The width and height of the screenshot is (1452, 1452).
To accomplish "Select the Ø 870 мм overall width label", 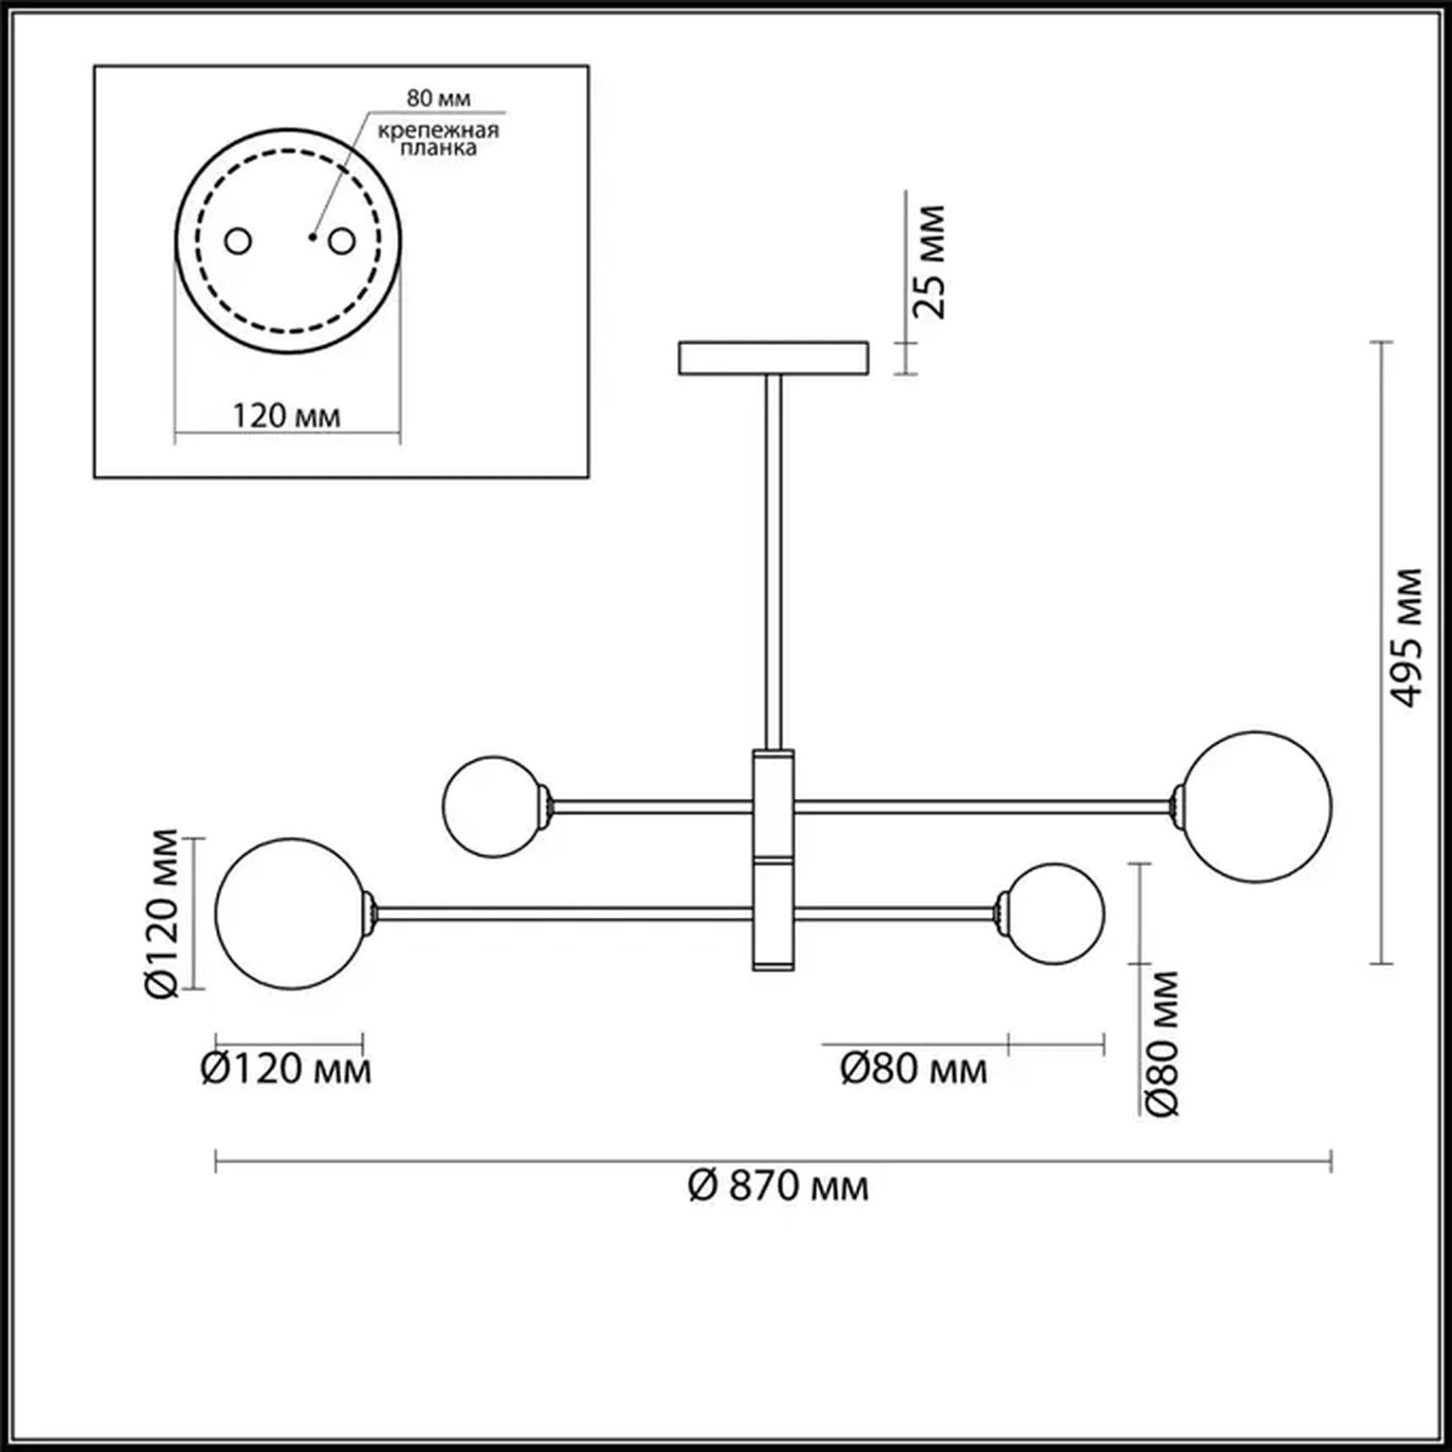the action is coord(777,1186).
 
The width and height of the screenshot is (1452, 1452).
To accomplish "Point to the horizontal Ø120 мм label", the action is coord(285,1070).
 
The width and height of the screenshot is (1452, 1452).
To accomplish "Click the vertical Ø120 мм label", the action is coord(162,914).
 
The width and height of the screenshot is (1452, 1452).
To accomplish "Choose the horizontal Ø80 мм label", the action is coord(913,1070).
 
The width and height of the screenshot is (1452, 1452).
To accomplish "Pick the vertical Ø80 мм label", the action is coord(1162,1043).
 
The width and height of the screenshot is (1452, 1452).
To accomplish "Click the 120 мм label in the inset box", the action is coord(286,416).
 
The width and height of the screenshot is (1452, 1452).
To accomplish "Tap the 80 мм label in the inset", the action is coord(438,99).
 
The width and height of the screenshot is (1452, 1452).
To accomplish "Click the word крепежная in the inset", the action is coord(438,131).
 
